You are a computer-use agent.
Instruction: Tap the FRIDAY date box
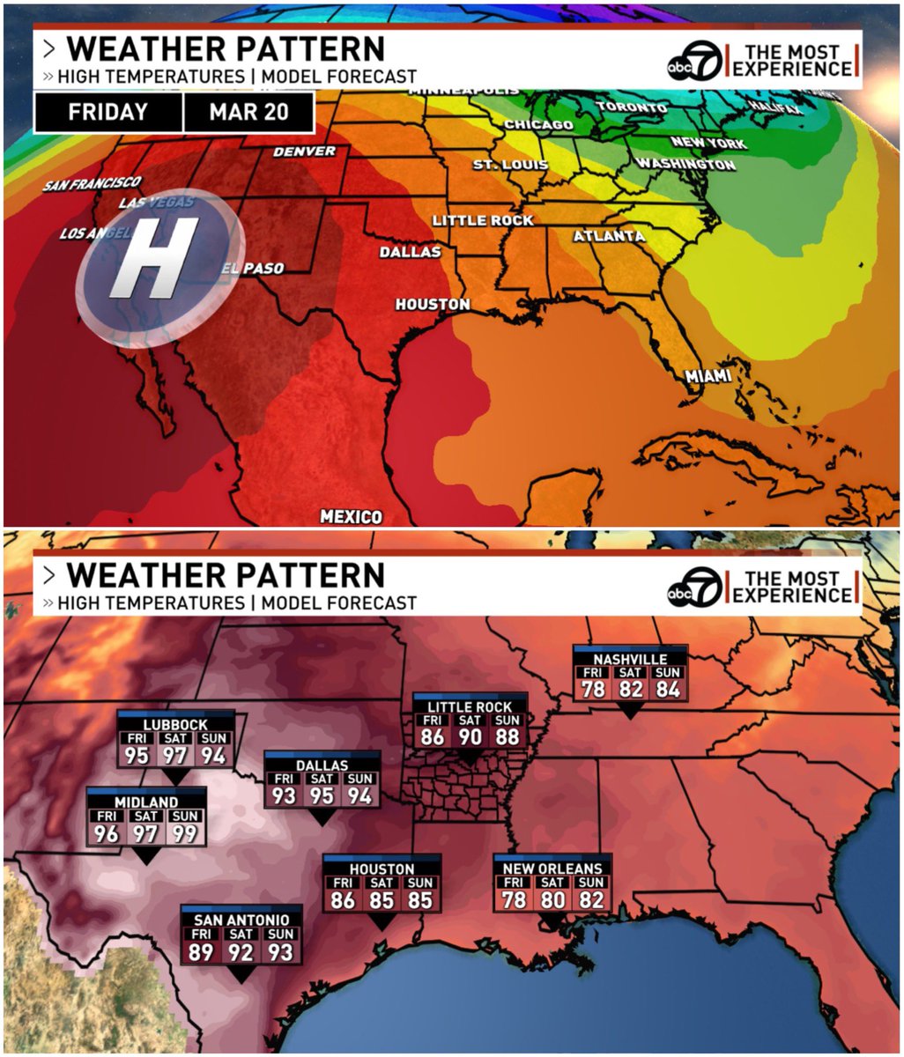pyautogui.click(x=107, y=113)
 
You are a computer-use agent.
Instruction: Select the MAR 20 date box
pyautogui.click(x=248, y=113)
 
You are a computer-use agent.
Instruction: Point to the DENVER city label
pyautogui.click(x=304, y=152)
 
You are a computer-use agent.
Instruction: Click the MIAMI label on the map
pyautogui.click(x=708, y=376)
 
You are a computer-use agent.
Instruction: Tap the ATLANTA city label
pyautogui.click(x=609, y=236)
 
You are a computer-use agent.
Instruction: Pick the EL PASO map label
pyautogui.click(x=252, y=269)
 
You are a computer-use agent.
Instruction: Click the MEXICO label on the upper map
pyautogui.click(x=351, y=516)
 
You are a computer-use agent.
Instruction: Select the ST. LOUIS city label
pyautogui.click(x=510, y=165)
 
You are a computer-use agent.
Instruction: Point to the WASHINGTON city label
pyautogui.click(x=685, y=165)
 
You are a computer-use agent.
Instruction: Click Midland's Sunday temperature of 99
pyautogui.click(x=185, y=832)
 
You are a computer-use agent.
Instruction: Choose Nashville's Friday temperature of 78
pyautogui.click(x=593, y=688)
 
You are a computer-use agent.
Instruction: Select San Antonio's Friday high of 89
pyautogui.click(x=201, y=951)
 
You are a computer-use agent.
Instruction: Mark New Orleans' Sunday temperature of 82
pyautogui.click(x=591, y=899)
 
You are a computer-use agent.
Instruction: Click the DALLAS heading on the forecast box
pyautogui.click(x=322, y=765)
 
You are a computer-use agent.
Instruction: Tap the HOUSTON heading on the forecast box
pyautogui.click(x=382, y=869)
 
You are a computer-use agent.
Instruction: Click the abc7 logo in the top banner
pyautogui.click(x=694, y=61)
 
